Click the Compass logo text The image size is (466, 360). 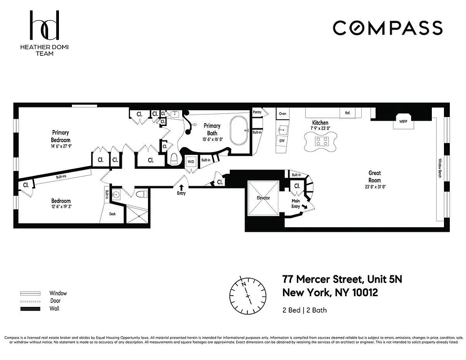[387, 28]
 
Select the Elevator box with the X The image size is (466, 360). [264, 198]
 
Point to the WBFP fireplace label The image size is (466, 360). [403, 121]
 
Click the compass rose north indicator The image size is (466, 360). [244, 285]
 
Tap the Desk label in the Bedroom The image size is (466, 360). [112, 214]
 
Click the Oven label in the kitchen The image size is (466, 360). [282, 113]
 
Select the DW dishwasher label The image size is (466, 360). [282, 141]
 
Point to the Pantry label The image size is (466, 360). [257, 112]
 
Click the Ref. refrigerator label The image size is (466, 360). [347, 113]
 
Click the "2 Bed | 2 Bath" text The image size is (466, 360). [305, 310]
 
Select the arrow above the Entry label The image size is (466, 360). [181, 187]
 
